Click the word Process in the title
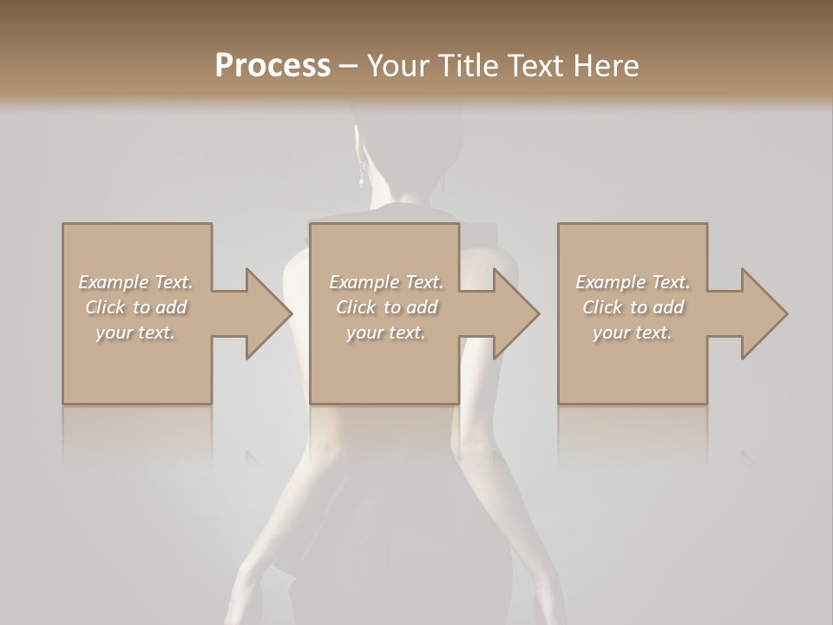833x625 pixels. coord(272,66)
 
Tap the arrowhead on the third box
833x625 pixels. coord(763,313)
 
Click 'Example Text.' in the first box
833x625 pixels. coord(136,282)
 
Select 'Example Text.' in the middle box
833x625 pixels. coord(386,282)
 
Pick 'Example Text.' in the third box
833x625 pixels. coord(633,282)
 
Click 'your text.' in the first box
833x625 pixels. coord(136,332)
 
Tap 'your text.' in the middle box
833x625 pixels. coord(386,332)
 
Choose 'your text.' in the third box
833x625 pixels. coord(633,332)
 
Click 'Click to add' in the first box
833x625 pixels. coord(136,307)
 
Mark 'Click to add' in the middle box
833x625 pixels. coord(386,307)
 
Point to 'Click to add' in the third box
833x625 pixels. coord(633,307)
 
